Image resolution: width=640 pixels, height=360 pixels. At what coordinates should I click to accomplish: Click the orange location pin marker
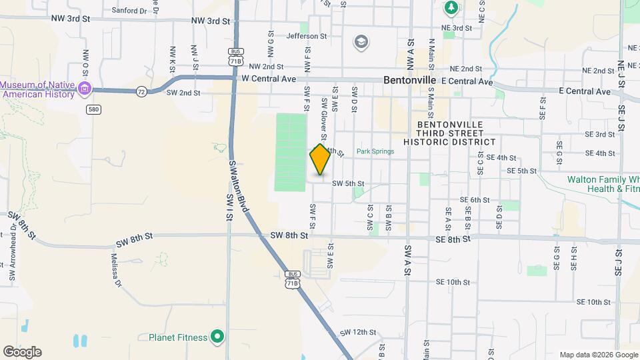(320, 159)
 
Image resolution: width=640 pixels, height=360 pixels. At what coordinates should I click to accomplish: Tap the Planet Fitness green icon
(217, 337)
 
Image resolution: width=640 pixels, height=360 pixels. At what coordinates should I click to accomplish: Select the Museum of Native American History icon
(84, 89)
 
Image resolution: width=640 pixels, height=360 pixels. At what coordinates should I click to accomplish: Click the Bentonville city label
(409, 80)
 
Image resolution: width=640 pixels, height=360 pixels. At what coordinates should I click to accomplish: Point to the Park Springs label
(375, 151)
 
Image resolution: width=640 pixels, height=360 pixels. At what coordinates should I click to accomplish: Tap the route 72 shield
(141, 91)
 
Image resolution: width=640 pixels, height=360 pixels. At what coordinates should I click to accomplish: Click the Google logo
(22, 352)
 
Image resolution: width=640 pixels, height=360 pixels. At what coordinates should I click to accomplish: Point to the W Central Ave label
(269, 79)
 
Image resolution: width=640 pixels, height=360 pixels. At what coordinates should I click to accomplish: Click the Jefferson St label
(307, 36)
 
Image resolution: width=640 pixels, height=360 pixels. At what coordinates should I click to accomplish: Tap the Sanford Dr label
(129, 11)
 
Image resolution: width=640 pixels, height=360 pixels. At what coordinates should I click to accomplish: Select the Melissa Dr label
(117, 270)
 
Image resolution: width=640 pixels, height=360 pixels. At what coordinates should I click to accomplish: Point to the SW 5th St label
(348, 183)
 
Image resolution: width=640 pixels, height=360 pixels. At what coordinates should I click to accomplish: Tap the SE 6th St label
(475, 200)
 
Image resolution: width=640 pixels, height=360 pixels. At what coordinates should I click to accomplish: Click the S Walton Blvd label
(239, 186)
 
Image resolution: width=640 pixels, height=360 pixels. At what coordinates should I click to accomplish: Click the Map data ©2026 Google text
(598, 355)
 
